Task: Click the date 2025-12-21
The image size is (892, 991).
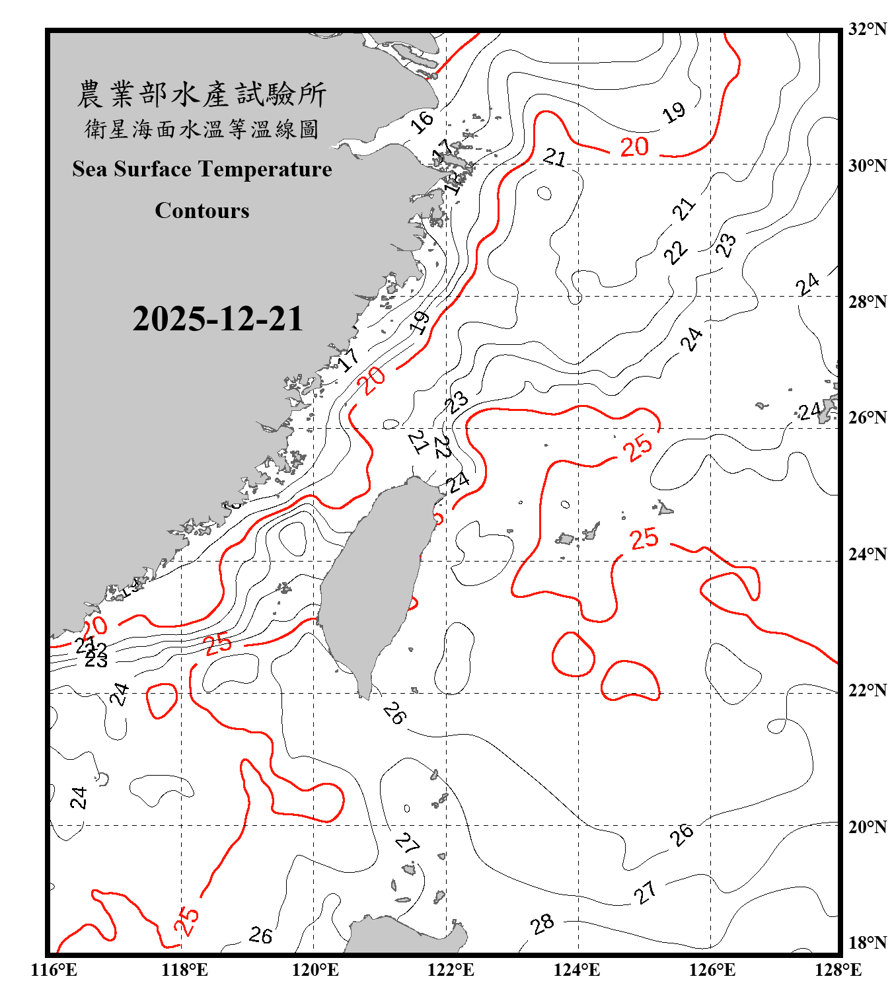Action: [217, 319]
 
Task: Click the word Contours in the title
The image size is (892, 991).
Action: [202, 211]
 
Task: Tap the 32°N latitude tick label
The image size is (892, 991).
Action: [867, 29]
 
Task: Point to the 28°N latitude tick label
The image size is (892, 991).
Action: [867, 302]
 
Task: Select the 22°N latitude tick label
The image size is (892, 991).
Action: [867, 690]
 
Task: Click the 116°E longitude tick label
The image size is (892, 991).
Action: [54, 970]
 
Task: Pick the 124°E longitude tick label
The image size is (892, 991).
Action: [577, 970]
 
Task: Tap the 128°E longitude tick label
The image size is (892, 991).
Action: [838, 970]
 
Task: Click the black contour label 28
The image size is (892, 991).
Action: [542, 924]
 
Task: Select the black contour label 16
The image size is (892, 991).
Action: [422, 122]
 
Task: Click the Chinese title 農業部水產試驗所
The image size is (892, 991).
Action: [202, 94]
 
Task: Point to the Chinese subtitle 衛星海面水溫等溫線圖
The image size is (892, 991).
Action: [202, 129]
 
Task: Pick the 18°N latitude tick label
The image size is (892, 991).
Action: [867, 943]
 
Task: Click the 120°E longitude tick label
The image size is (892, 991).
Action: [315, 970]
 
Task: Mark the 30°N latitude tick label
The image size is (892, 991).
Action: [867, 166]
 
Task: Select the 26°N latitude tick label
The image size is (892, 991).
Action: [867, 418]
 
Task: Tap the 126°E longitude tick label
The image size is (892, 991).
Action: [712, 970]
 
